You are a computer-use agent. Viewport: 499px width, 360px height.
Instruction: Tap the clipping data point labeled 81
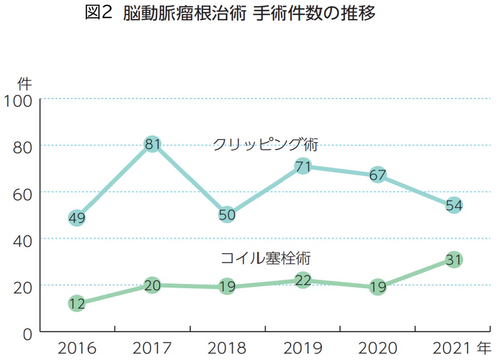152,144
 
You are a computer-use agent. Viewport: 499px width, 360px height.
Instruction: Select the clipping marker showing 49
77,218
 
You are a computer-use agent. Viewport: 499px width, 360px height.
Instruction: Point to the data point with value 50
227,215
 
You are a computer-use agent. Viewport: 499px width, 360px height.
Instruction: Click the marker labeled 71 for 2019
303,167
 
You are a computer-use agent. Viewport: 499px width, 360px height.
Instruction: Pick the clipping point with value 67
378,175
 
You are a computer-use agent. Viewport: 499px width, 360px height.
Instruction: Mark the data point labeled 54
454,205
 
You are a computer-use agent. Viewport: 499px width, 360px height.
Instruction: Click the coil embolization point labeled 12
77,303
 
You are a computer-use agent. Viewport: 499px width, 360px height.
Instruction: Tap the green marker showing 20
152,285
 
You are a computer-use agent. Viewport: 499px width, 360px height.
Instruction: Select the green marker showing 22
303,281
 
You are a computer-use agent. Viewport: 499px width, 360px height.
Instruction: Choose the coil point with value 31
454,259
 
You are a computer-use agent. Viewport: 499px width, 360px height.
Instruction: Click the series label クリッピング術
265,144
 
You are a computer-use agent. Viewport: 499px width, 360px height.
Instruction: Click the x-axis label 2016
77,348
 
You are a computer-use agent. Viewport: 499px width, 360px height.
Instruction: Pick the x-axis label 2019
303,348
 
